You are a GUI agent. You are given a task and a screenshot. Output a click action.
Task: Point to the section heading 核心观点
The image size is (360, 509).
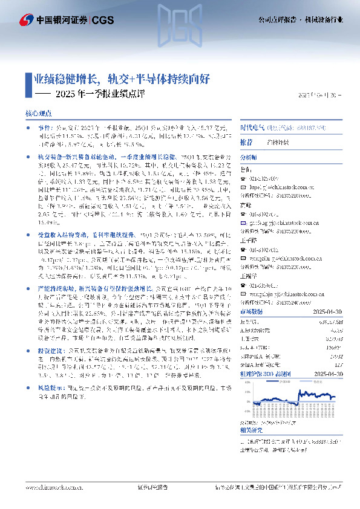tap(38, 113)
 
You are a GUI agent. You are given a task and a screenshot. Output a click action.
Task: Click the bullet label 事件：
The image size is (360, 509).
tap(47, 129)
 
